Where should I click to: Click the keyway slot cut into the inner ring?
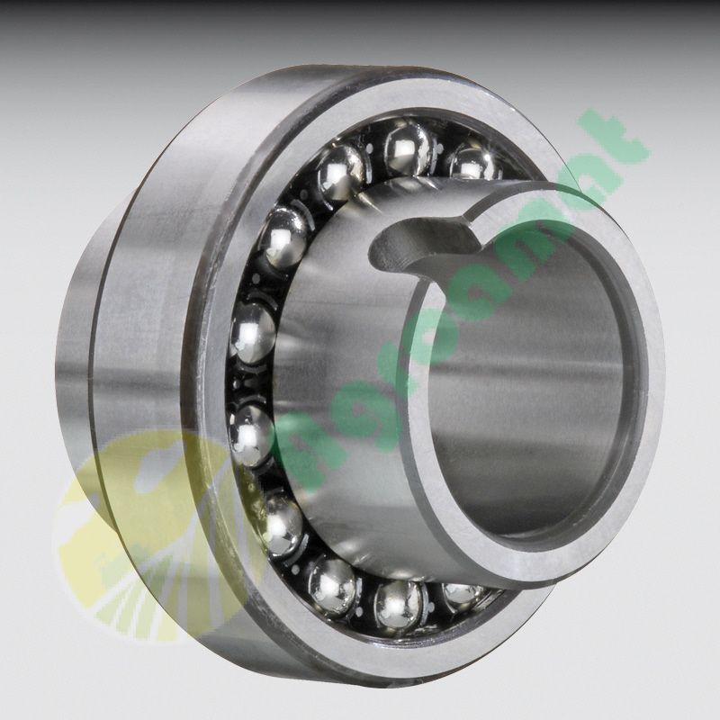(423, 241)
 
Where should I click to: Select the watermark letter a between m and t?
(576, 193)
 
